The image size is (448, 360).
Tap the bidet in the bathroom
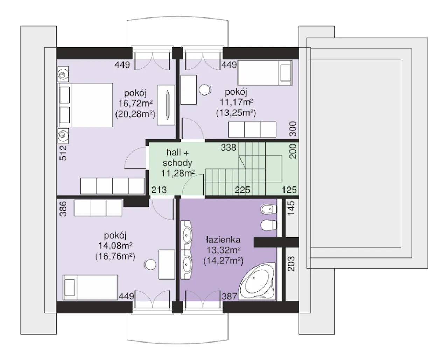point(269,209)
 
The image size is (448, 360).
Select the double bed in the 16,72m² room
point(85,105)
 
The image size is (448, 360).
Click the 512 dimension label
point(63,153)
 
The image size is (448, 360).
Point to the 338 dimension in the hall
point(228,148)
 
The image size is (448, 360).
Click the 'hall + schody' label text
point(177,158)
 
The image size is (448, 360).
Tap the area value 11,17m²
point(237,102)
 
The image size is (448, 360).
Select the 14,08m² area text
point(115,246)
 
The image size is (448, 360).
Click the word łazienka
point(223,240)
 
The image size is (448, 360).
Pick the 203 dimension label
point(291,264)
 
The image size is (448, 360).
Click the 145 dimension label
point(291,208)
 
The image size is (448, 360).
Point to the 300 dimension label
point(293,129)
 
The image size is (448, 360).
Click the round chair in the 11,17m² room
point(205,90)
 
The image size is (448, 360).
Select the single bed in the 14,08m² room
point(90,287)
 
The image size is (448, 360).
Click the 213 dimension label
point(159,190)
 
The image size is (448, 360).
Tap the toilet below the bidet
point(269,225)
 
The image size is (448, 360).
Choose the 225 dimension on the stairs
point(243,190)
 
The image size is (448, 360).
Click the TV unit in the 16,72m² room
point(166,105)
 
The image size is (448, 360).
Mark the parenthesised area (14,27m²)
point(223,261)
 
